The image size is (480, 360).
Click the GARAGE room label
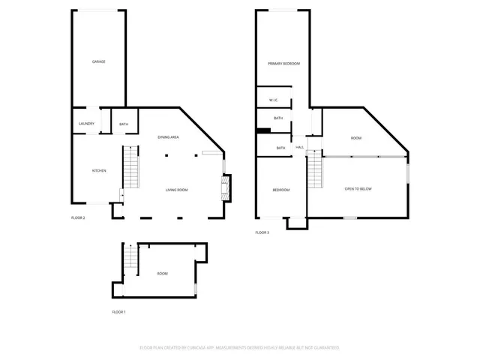click(98, 61)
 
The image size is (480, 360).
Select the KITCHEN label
click(98, 171)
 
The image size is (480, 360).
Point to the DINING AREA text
click(168, 137)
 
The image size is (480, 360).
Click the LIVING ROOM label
click(176, 190)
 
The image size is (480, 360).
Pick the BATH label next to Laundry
click(124, 124)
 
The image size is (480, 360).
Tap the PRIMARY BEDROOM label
click(283, 64)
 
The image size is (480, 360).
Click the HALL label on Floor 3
click(299, 148)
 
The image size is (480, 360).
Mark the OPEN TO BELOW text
click(358, 189)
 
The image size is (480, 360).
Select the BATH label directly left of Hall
click(280, 148)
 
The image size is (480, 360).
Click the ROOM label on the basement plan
click(163, 274)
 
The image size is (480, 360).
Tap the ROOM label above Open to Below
click(356, 139)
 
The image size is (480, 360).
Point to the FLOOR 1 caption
click(118, 311)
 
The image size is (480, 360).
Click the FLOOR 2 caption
click(78, 218)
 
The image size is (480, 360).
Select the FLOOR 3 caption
click(262, 233)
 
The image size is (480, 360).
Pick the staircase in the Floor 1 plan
click(130, 258)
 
